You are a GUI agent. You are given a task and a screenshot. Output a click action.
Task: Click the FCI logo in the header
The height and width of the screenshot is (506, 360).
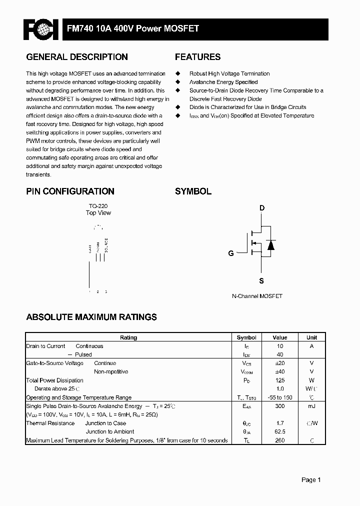tap(41, 29)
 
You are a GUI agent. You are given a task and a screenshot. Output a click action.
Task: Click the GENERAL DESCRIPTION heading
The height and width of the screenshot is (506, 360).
tap(77, 57)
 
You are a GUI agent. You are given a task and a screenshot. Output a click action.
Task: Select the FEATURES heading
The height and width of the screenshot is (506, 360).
tap(197, 57)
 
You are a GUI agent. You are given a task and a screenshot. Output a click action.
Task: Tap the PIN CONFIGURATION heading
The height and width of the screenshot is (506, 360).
tap(70, 191)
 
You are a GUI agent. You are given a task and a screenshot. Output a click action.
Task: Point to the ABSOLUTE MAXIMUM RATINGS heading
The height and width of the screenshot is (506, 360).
tap(91, 317)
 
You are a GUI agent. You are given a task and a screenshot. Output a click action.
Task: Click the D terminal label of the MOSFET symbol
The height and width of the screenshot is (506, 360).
tap(261, 208)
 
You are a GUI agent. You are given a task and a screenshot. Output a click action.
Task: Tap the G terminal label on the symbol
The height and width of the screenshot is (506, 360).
tap(231, 253)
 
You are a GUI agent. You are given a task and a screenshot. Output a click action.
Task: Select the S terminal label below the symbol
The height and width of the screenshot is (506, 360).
tap(261, 281)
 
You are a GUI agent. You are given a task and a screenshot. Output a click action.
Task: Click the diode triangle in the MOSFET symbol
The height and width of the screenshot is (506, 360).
tap(270, 245)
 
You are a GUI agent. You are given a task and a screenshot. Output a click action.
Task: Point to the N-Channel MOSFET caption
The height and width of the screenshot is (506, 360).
tap(257, 296)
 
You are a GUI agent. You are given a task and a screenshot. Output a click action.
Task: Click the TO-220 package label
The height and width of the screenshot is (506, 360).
tap(98, 206)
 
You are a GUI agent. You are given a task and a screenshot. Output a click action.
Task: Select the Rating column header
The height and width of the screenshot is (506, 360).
tap(128, 337)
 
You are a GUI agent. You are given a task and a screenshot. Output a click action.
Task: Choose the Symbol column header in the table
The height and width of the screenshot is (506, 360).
tap(246, 337)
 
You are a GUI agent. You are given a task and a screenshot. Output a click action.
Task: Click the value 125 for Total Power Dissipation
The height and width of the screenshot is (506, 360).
tap(280, 380)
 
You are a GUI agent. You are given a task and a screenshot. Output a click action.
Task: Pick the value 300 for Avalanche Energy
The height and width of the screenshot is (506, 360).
tap(280, 406)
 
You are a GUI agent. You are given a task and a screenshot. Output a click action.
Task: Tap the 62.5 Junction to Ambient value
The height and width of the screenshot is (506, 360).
tap(280, 431)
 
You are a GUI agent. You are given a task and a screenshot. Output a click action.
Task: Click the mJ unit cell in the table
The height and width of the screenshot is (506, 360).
tap(311, 406)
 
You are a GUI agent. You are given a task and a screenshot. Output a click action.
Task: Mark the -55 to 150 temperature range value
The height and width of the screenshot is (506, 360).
tap(280, 397)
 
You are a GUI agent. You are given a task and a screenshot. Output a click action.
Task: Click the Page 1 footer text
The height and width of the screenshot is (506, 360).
tap(311, 480)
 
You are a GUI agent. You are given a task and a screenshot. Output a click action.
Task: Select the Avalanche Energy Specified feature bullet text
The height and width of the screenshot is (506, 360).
tap(223, 82)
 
